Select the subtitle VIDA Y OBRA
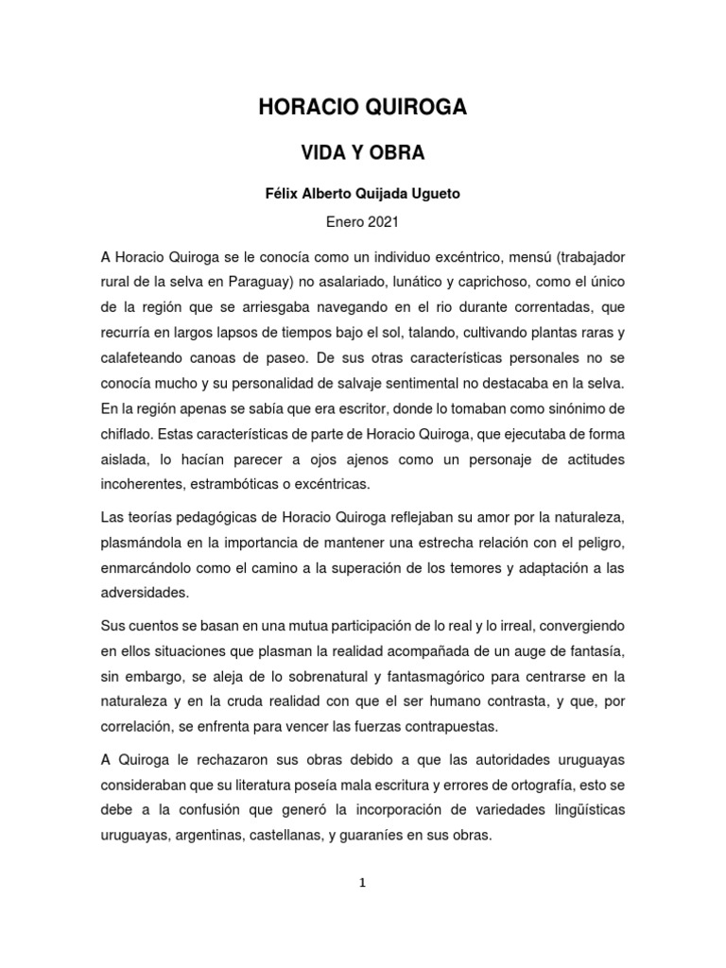coord(363,152)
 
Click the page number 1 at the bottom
coord(362,883)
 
